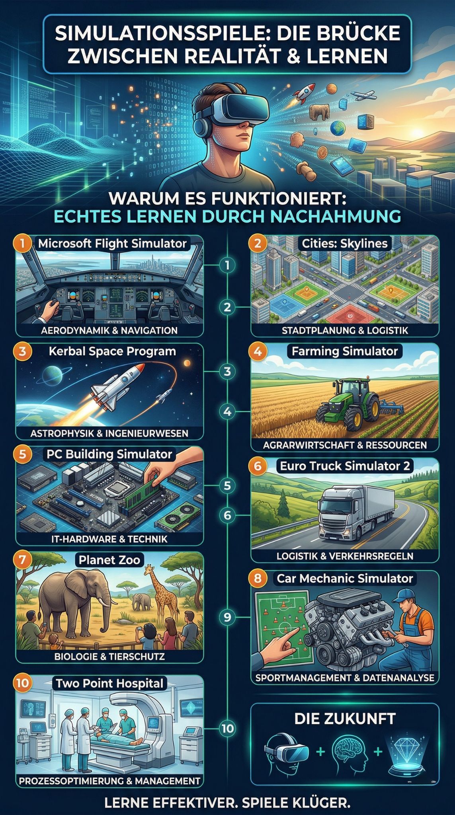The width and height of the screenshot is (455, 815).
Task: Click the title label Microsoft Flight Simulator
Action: click(x=112, y=244)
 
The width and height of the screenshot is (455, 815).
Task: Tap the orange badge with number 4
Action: click(x=258, y=351)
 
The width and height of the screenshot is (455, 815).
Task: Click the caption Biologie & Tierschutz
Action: click(x=109, y=656)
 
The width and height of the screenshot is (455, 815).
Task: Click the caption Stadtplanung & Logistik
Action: click(x=345, y=330)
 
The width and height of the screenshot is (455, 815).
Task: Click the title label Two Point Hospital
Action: click(x=109, y=683)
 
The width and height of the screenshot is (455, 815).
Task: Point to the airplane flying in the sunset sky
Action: click(x=363, y=96)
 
